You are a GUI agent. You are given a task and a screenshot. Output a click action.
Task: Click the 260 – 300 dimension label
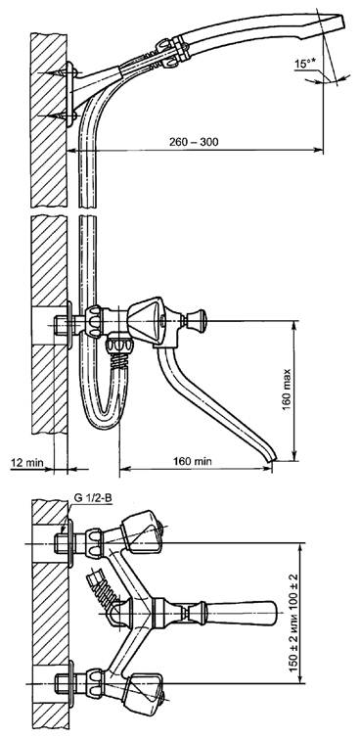coord(194,142)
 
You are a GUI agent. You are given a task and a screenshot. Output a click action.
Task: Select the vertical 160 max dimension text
coord(287,391)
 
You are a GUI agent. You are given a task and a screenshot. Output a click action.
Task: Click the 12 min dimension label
coord(26,463)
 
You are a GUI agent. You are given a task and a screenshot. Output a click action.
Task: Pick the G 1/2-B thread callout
coord(93,497)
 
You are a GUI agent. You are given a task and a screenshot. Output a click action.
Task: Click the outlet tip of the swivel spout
coord(272,458)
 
